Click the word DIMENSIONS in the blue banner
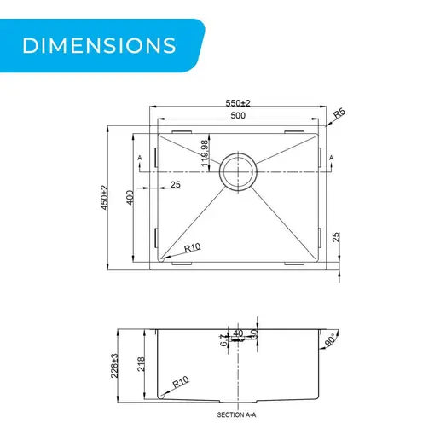point(99,45)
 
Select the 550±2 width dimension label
point(238,103)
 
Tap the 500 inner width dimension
point(238,115)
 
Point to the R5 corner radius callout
point(339,113)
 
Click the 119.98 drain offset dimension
point(205,153)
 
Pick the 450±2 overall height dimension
point(104,197)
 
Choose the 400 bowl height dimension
point(130,197)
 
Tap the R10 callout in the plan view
point(192,247)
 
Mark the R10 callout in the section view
point(181,382)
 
